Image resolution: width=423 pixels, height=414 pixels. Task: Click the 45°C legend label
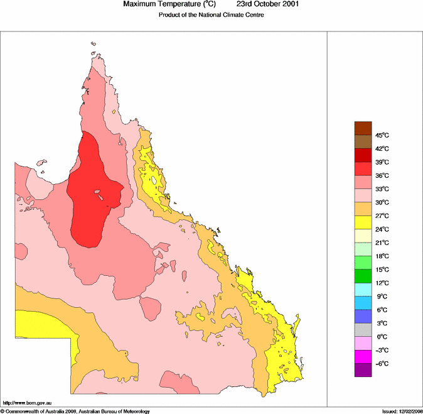pyautogui.click(x=382, y=135)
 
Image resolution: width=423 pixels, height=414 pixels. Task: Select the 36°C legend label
pyautogui.click(x=382, y=175)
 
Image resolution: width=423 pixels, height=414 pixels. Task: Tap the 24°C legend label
pyautogui.click(x=382, y=229)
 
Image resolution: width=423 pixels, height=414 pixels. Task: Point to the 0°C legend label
pyautogui.click(x=381, y=337)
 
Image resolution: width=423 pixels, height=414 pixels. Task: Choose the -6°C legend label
pyautogui.click(x=382, y=364)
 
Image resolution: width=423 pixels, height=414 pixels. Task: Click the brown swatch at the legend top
pyautogui.click(x=363, y=128)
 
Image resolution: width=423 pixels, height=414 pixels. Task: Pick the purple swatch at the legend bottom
pyautogui.click(x=363, y=370)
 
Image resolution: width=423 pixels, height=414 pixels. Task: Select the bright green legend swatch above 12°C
pyautogui.click(x=363, y=276)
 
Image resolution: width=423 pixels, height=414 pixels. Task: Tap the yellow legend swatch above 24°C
pyautogui.click(x=363, y=222)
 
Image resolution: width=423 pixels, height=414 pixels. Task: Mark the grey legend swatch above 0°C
pyautogui.click(x=363, y=330)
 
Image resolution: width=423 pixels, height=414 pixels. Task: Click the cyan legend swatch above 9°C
pyautogui.click(x=363, y=290)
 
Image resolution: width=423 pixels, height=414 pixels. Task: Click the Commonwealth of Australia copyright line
pyautogui.click(x=75, y=411)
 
